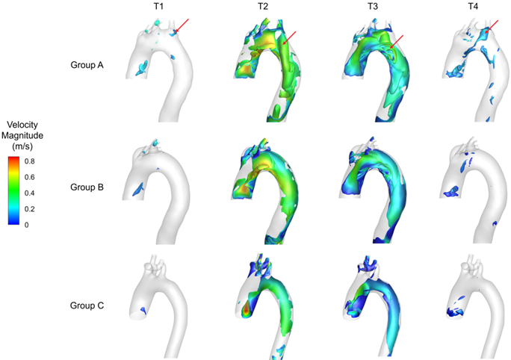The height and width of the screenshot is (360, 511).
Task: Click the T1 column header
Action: click(x=158, y=7)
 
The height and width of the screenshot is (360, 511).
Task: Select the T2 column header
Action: click(x=263, y=7)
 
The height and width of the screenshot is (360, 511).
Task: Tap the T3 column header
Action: click(x=373, y=7)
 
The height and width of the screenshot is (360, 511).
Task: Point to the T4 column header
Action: click(x=473, y=7)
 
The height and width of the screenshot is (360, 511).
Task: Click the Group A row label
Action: click(x=87, y=65)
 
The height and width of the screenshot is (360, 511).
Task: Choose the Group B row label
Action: click(x=87, y=187)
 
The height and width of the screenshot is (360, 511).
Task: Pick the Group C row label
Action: click(x=87, y=305)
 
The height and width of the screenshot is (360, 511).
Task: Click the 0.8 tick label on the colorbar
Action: click(x=30, y=161)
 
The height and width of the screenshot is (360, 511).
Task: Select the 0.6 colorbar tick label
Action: click(x=30, y=177)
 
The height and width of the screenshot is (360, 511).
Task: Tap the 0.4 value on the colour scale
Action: click(x=30, y=193)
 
